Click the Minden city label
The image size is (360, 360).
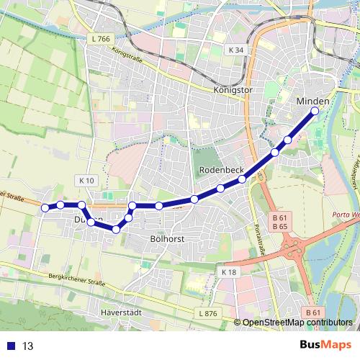[312, 102]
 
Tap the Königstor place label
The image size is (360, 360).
[235, 90]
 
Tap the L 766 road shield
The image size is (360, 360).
[100, 39]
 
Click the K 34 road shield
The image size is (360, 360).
[235, 50]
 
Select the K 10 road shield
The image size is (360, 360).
[87, 179]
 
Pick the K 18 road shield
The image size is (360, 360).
[229, 271]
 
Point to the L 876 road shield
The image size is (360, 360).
[207, 313]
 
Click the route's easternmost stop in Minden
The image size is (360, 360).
[315, 112]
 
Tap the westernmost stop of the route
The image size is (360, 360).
[45, 207]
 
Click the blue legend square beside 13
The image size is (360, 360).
[12, 346]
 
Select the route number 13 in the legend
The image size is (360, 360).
[28, 346]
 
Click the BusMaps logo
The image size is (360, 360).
[323, 345]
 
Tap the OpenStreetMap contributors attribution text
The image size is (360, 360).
[297, 323]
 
